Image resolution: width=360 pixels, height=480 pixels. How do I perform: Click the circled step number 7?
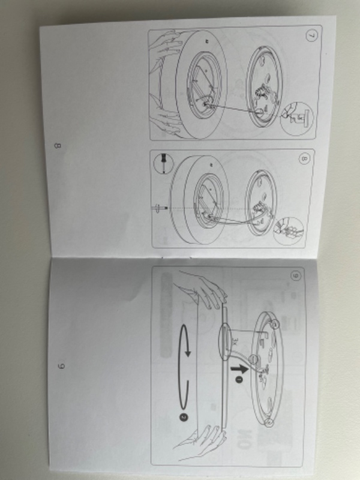pyautogui.click(x=309, y=35)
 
